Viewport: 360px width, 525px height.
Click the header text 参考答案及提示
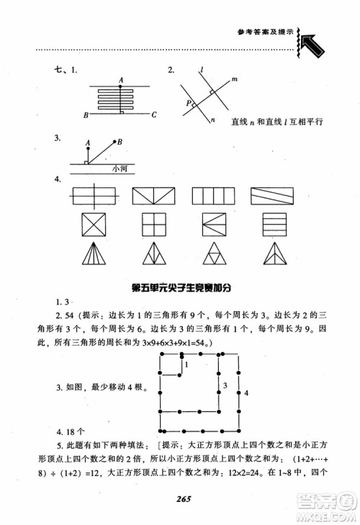(x=265, y=32)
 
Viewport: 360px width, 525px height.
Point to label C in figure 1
(x=153, y=115)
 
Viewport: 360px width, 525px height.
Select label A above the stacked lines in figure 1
(x=121, y=78)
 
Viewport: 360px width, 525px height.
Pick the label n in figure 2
(x=212, y=122)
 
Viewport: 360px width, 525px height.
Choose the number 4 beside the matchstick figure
(x=245, y=393)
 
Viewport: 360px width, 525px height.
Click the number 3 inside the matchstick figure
(x=225, y=387)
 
